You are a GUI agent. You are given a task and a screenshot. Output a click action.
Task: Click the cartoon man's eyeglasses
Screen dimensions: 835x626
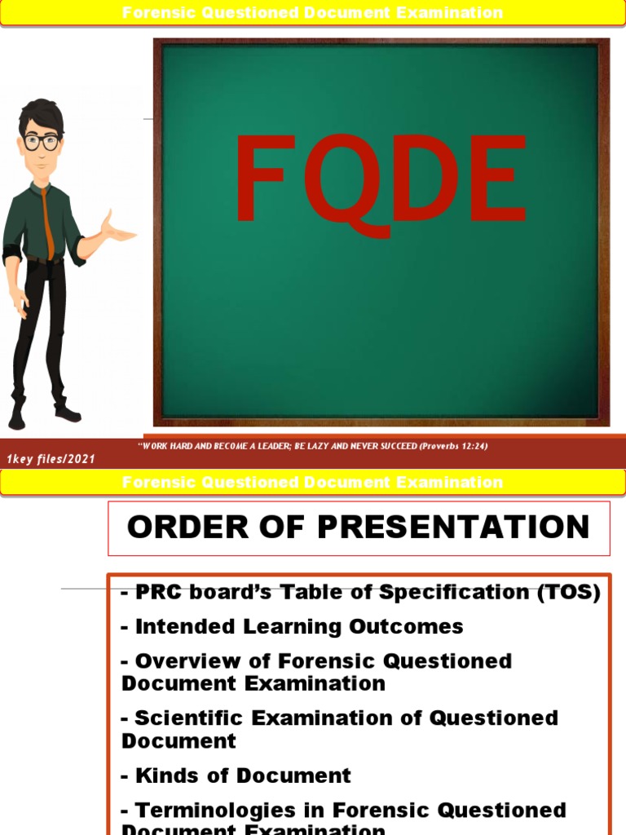point(41,142)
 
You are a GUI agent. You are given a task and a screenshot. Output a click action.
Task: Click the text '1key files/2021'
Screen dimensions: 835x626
point(51,459)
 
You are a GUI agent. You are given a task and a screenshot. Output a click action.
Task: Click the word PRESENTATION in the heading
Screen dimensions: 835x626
point(453,528)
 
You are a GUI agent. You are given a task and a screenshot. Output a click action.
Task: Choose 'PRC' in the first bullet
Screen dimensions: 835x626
point(155,593)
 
